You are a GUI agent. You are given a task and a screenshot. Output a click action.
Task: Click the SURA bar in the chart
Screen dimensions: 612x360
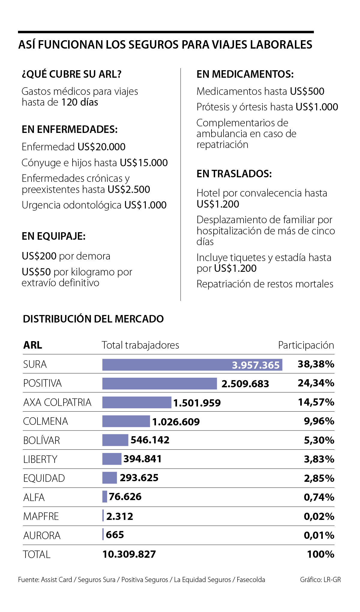[x=192, y=364]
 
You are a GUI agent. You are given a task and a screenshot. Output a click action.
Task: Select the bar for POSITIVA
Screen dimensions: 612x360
[x=159, y=383]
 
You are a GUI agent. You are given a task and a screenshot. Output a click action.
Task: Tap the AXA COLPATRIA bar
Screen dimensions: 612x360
[x=136, y=402]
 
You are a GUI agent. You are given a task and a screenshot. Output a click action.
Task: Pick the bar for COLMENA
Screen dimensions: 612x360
[x=126, y=421]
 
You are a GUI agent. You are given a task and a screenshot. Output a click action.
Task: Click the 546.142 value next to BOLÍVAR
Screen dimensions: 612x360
[x=150, y=440]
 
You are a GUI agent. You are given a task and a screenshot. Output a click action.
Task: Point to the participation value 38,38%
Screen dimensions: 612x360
[x=316, y=364]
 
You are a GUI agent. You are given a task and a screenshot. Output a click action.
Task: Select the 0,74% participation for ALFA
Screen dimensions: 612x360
[x=319, y=497]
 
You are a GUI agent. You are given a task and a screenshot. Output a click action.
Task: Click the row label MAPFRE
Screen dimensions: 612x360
[x=41, y=516]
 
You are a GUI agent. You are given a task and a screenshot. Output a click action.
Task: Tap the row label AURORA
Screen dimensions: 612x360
[x=42, y=535]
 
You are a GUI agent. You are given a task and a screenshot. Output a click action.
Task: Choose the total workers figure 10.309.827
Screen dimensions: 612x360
[x=129, y=554]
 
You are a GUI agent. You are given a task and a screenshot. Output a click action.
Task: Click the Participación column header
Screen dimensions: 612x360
[x=306, y=345]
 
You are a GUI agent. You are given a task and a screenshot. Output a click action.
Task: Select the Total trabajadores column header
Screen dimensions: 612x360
[x=140, y=345]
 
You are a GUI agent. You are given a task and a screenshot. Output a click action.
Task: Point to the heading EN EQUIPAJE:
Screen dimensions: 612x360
[x=54, y=236]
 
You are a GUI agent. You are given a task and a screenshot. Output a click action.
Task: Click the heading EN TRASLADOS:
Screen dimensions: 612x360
[x=234, y=174]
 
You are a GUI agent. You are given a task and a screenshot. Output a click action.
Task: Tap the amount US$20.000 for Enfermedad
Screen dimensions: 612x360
[x=101, y=147]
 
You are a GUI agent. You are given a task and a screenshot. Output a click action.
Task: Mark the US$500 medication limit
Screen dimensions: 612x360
[x=307, y=91]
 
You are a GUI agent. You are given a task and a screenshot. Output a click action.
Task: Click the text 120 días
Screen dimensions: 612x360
[x=79, y=102]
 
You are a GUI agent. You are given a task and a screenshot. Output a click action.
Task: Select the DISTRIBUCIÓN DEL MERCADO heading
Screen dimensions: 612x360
[x=93, y=319]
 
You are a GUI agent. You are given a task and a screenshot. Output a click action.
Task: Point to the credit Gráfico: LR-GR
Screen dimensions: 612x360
[x=320, y=580]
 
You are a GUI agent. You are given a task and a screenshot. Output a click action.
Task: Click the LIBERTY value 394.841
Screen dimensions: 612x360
[x=142, y=459]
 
